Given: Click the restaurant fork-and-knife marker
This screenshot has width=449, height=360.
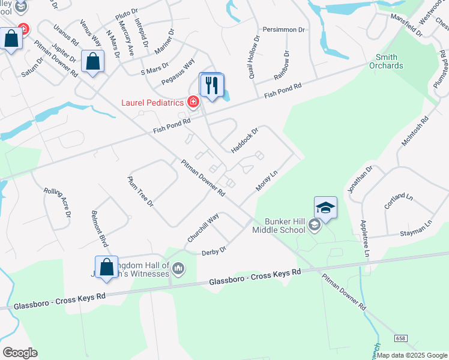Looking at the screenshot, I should click(x=211, y=86).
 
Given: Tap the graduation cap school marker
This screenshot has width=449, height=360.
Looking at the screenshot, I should click(x=325, y=208).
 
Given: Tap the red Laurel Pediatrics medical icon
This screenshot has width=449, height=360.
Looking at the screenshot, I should click(x=193, y=102).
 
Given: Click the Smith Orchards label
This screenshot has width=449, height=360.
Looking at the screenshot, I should click(x=386, y=61).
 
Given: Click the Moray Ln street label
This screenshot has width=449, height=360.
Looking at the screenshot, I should click(x=266, y=180).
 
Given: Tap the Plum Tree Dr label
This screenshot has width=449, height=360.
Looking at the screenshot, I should click(x=140, y=191).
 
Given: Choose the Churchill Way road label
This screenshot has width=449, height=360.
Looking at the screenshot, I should click(x=203, y=228).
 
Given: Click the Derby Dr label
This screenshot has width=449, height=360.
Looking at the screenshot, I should click(x=214, y=250).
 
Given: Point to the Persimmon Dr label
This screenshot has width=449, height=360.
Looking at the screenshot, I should click(x=284, y=29).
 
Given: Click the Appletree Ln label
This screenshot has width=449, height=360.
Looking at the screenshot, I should click(x=364, y=239).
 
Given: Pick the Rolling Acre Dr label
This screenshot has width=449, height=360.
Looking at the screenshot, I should click(x=59, y=202).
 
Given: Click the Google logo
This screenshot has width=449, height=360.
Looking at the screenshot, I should click(x=20, y=353).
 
